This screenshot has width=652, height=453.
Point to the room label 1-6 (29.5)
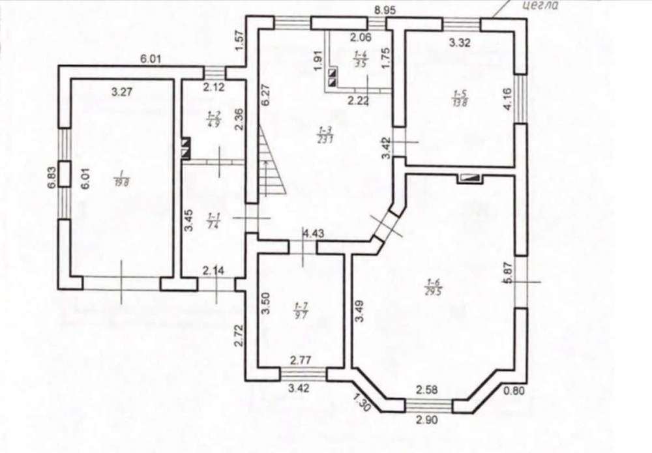coord(434,287)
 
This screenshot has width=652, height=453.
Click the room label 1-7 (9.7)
coord(301,310)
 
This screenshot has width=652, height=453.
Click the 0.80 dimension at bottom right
coord(514,392)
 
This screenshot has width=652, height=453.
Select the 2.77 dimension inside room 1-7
coord(303,360)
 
